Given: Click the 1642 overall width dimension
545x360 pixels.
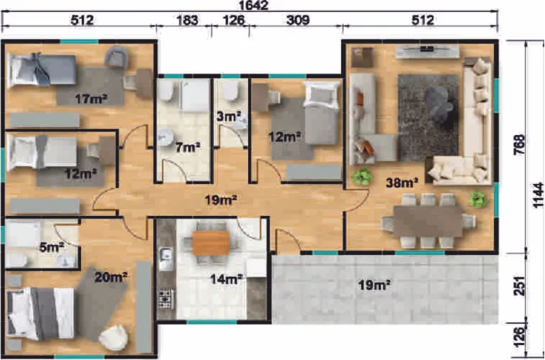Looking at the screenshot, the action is (254, 6).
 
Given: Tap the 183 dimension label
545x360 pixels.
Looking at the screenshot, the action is (188, 21).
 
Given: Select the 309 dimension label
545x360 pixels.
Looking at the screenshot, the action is (298, 21).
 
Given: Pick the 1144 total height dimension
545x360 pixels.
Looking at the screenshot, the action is (539, 195).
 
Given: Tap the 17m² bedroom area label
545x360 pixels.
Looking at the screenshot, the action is (91, 99).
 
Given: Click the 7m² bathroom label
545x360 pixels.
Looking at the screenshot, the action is (188, 148).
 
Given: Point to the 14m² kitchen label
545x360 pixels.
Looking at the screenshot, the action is (226, 279).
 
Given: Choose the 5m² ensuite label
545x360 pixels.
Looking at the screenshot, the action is (52, 247).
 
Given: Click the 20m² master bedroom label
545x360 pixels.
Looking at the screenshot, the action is (111, 277).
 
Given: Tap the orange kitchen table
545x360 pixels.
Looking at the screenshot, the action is (211, 243).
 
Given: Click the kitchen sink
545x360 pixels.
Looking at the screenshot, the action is (166, 259).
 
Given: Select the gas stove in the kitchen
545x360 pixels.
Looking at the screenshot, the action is (166, 298).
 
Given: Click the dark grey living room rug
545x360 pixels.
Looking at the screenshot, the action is (428, 117).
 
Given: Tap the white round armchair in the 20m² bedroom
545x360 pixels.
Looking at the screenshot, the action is (112, 338).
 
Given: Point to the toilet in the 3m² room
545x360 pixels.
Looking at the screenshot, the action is (230, 91).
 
